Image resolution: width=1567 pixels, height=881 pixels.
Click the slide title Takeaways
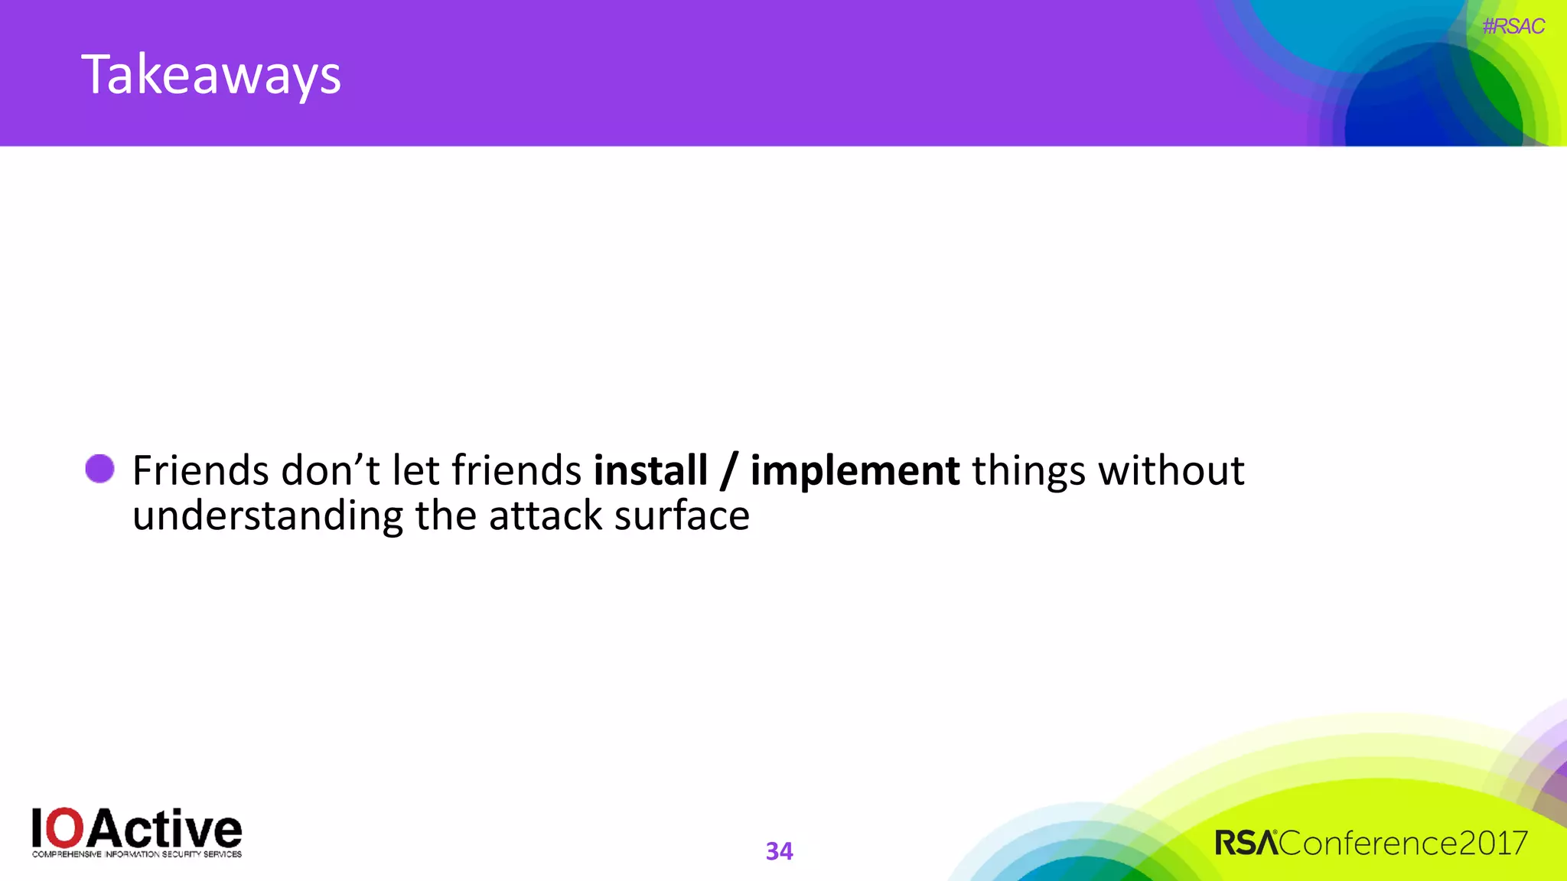(x=211, y=75)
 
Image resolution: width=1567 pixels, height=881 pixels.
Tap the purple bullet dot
(x=99, y=469)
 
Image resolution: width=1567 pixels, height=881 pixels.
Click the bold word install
(x=650, y=470)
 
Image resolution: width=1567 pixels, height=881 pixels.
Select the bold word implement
(x=855, y=471)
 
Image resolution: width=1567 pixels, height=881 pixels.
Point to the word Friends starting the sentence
(x=200, y=470)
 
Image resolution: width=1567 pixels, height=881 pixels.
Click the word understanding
(x=267, y=516)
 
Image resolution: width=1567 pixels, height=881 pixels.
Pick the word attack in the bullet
(x=546, y=515)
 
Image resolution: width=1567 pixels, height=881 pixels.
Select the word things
(x=1028, y=471)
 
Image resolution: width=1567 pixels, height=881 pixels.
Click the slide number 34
(x=779, y=851)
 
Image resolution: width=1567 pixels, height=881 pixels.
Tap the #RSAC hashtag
(x=1513, y=27)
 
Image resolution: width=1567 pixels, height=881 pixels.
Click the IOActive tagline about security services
(x=137, y=854)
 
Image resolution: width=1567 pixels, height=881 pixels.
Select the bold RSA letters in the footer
(x=1246, y=844)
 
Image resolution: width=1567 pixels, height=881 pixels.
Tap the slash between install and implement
(x=728, y=471)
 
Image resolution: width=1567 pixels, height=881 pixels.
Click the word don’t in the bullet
(x=331, y=470)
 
